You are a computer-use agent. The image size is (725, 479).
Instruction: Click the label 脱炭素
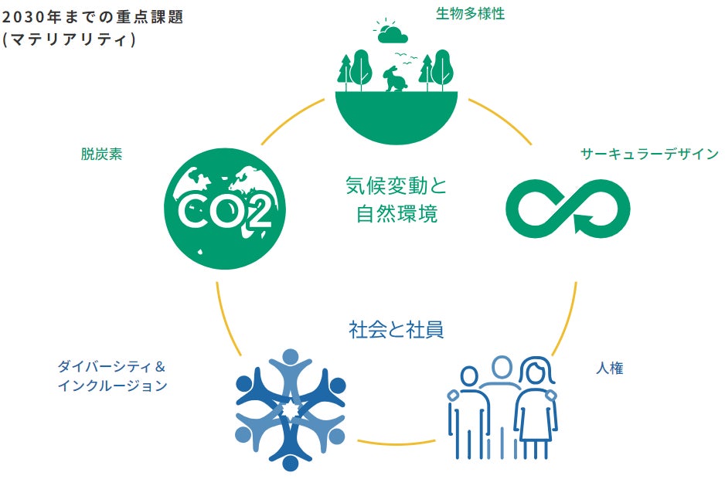click(x=101, y=154)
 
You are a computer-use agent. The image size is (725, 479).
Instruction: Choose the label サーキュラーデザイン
click(x=649, y=154)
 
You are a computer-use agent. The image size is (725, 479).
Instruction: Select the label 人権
click(x=609, y=369)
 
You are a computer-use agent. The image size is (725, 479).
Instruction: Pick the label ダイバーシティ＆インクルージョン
click(x=112, y=375)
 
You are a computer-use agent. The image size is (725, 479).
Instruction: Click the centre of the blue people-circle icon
click(x=291, y=410)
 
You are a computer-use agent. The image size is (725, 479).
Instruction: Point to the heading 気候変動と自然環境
click(x=397, y=200)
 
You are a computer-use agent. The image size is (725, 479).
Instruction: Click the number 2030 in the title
click(x=25, y=18)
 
